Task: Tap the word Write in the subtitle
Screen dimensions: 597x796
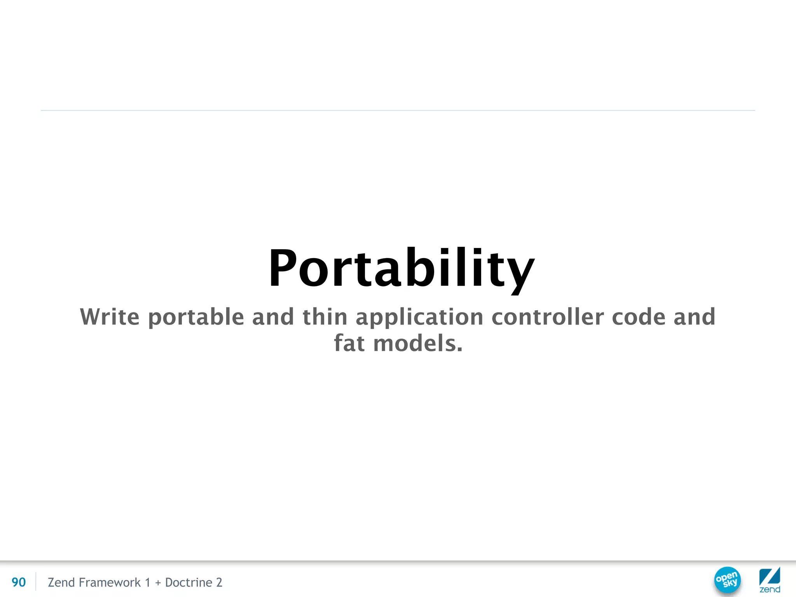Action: coord(110,317)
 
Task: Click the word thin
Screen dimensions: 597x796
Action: coord(325,317)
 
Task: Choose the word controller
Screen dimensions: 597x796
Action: coord(548,317)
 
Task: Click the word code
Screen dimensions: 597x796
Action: coord(639,317)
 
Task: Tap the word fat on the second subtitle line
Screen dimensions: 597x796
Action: coord(349,343)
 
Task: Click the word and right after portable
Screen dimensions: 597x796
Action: coord(273,317)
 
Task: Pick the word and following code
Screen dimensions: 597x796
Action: coord(694,317)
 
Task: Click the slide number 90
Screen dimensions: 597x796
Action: coord(19,582)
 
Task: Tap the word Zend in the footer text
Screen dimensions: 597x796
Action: coord(61,582)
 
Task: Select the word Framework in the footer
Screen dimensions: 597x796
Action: coord(110,582)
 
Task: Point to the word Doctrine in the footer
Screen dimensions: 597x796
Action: coord(189,582)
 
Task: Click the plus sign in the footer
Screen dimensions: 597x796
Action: coord(158,583)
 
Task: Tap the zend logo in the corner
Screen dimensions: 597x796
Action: coord(770,580)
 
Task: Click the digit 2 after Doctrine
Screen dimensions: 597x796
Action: coord(219,582)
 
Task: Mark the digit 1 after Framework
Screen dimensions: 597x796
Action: coord(147,582)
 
